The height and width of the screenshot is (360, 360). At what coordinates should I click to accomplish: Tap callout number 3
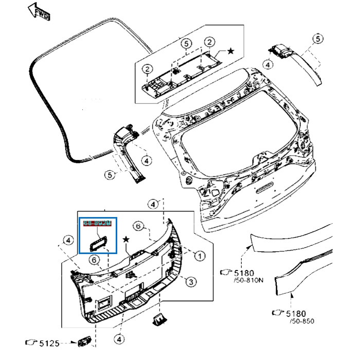190,282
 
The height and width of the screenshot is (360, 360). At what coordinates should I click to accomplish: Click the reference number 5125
50,342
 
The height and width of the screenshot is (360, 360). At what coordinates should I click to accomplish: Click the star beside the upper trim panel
230,50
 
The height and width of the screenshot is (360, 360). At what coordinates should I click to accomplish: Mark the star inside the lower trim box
125,240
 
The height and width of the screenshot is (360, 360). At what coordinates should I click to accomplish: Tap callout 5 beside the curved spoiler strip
318,39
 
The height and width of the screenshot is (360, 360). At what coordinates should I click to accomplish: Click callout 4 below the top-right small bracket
268,65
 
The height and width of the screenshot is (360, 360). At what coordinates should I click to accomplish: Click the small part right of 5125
83,341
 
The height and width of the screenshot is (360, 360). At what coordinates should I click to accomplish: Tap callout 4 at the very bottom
119,340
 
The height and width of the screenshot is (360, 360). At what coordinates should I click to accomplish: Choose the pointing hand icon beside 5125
31,342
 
